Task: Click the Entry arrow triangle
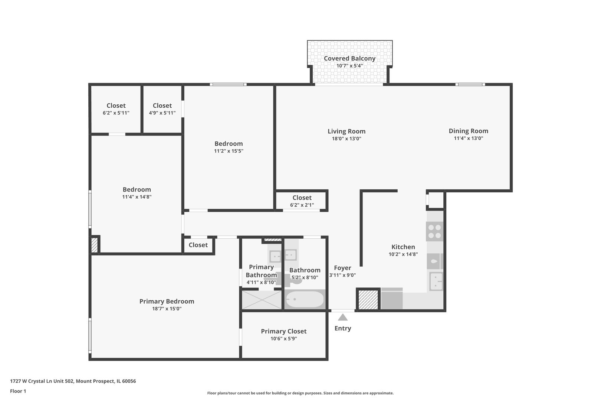(343, 317)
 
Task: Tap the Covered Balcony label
(349, 58)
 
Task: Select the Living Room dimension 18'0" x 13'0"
(347, 138)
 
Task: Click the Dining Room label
(469, 131)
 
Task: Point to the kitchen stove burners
(435, 232)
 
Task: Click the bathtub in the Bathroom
(305, 299)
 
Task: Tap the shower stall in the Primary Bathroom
(262, 300)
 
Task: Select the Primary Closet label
(283, 331)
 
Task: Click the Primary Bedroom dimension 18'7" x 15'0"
(167, 309)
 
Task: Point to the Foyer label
(343, 268)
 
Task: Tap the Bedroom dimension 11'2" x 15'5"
(229, 151)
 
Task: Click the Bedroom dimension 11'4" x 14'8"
(137, 197)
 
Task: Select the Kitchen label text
(403, 247)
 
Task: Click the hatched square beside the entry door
(368, 299)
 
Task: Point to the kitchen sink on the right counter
(436, 281)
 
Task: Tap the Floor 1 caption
(18, 391)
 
